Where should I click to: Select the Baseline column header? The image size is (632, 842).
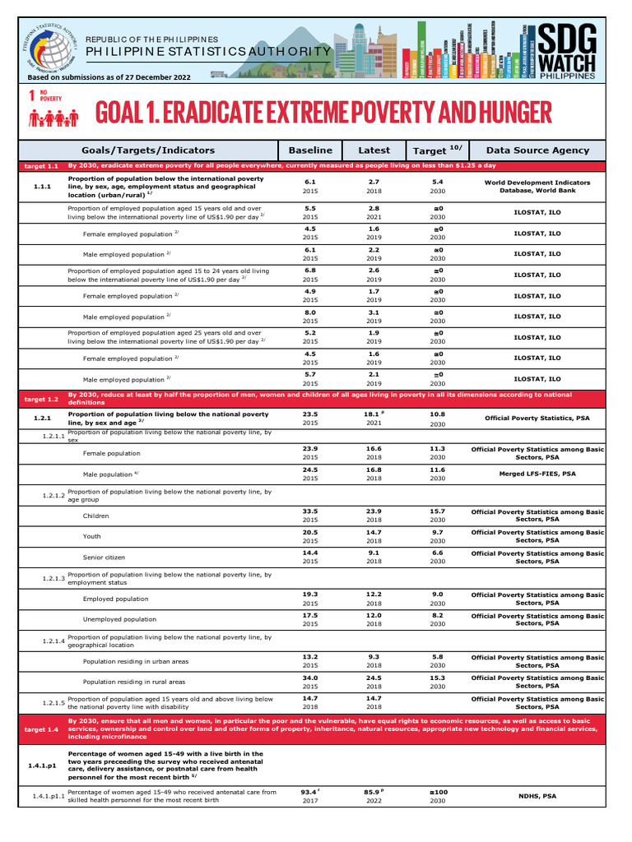310,150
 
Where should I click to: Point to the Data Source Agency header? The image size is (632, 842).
537,150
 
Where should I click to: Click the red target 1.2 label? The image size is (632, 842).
41,399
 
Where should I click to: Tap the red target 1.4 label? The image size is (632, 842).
41,729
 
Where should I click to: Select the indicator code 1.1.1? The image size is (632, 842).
42,187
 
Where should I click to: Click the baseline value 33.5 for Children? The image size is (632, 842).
310,511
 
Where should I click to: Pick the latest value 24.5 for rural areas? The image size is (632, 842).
374,678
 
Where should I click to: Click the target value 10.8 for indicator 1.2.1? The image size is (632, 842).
438,414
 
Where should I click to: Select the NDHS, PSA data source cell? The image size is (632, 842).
537,796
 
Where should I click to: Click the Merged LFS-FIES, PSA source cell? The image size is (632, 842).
537,474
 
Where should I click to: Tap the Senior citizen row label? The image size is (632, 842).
104,557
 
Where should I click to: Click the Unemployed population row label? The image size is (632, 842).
119,619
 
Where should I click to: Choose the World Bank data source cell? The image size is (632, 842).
537,187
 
